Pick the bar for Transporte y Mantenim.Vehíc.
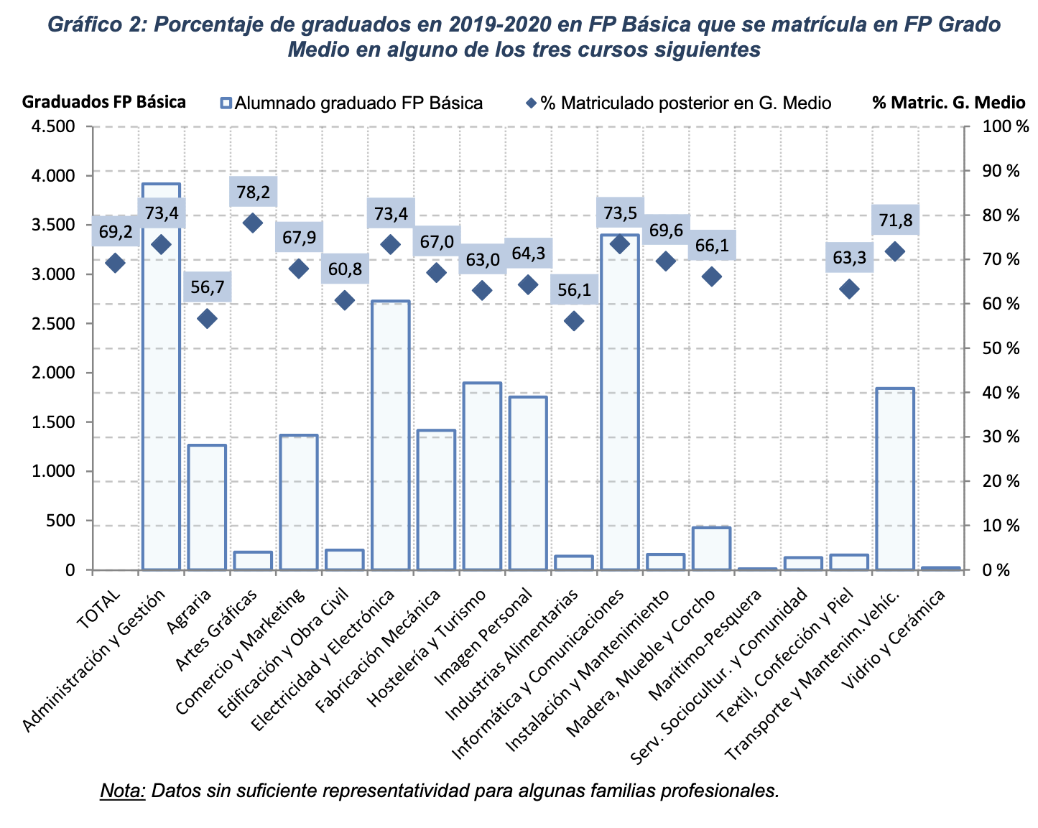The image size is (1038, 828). tap(895, 481)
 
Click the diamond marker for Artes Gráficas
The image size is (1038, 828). tap(253, 223)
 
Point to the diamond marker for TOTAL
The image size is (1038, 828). tap(115, 263)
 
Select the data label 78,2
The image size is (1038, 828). tap(253, 192)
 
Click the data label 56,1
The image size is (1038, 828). tap(574, 289)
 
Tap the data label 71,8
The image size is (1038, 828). tap(895, 220)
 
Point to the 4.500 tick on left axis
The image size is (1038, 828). tap(55, 127)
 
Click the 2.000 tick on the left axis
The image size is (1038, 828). tap(55, 373)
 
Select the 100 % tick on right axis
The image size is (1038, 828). tap(1001, 127)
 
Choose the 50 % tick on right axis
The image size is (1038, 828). tap(1001, 349)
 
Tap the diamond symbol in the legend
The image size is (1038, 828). tap(531, 103)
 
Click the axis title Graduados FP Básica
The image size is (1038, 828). tap(104, 102)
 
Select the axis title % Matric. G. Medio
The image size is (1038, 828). tap(948, 103)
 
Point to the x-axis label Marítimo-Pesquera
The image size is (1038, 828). tap(704, 646)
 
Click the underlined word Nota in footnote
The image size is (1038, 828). tap(122, 791)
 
